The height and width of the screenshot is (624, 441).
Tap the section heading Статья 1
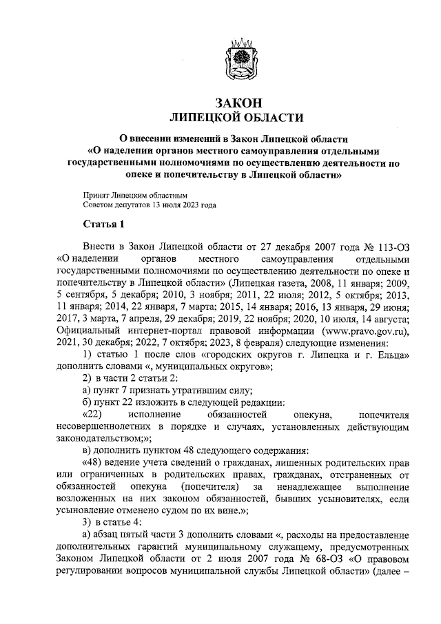click(x=103, y=225)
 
